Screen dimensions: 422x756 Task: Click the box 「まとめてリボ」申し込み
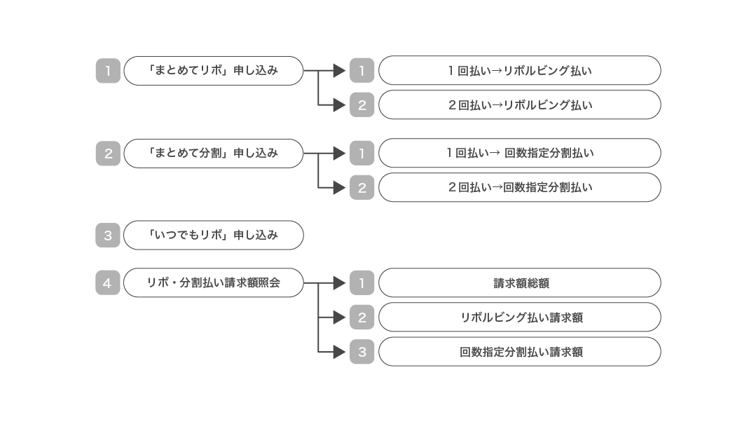213,71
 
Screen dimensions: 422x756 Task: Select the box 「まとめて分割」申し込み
213,153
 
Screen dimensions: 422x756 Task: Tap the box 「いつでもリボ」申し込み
213,236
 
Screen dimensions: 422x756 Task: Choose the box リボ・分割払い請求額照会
213,283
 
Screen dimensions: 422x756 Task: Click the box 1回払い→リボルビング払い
519,71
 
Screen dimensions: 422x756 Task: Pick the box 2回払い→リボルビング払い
519,105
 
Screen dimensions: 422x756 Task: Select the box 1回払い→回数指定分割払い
519,153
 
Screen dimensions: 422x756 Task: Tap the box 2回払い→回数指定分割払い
519,187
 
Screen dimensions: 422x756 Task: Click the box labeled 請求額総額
519,283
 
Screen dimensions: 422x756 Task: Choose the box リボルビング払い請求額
519,318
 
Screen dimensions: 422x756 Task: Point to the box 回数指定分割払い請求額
519,352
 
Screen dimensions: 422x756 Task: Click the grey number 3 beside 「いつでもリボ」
108,236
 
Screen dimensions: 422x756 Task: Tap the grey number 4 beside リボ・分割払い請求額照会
108,283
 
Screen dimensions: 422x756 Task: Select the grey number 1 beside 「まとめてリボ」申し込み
108,71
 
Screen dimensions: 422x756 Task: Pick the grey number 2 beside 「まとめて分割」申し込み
108,153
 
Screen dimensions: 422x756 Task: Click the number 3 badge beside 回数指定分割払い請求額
362,352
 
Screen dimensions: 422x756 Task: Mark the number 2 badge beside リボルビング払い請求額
362,318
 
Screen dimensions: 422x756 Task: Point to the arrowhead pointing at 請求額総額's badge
339,283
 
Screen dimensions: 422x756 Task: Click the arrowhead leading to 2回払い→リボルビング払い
339,105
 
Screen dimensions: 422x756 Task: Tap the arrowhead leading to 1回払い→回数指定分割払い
339,153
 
